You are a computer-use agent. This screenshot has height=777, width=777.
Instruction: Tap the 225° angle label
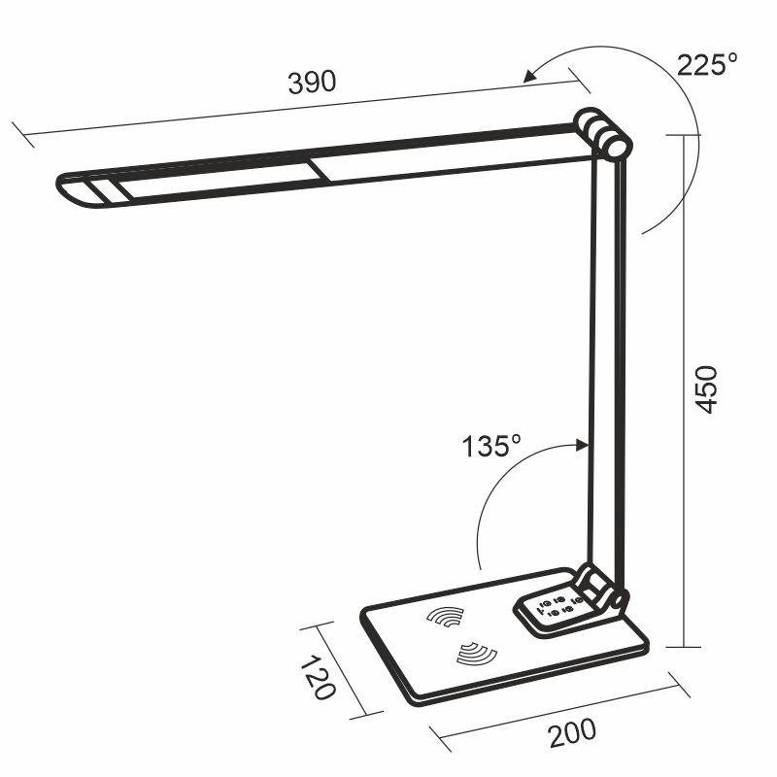coord(707,65)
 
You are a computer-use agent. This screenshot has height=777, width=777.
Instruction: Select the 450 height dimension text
coord(708,389)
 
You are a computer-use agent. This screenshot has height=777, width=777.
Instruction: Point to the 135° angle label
coord(491,447)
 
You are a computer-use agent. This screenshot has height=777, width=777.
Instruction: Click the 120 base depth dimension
coord(318,677)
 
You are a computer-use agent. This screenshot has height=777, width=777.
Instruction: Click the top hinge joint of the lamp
coord(602,133)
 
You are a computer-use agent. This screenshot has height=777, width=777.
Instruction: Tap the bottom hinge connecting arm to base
coord(601,589)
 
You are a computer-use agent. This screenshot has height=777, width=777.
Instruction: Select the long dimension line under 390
coord(291,106)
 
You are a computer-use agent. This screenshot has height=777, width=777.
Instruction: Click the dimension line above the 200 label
coord(554,713)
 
